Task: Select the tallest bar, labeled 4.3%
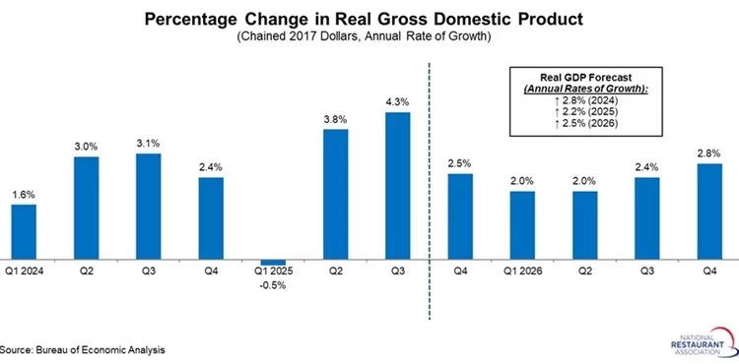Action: coord(397,186)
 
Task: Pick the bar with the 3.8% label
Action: coord(335,194)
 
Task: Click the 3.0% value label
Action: coord(86,147)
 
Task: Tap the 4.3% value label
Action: coord(397,102)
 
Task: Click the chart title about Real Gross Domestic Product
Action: coord(362,19)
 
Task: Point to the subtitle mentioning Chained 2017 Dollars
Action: coord(362,37)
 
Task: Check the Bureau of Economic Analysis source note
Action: coord(82,349)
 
